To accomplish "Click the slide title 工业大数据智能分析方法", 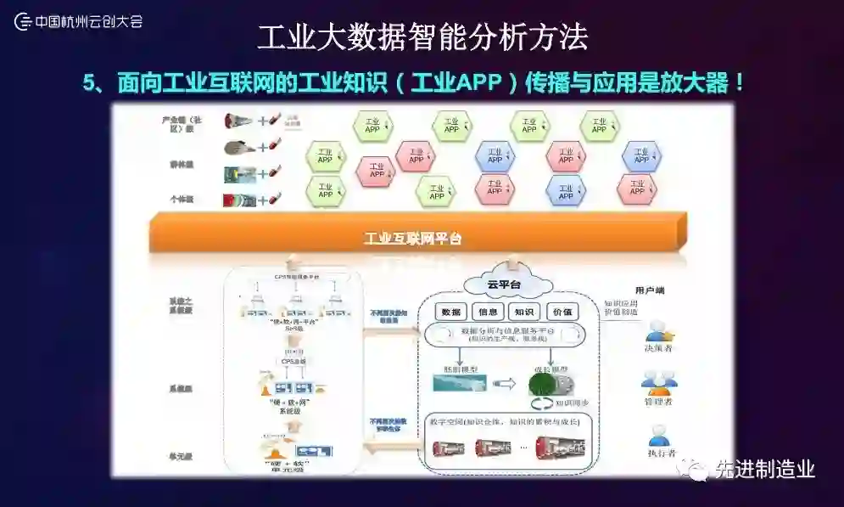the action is pyautogui.click(x=422, y=37).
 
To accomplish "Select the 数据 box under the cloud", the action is pyautogui.click(x=451, y=311).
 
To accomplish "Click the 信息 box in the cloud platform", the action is pyautogui.click(x=487, y=311).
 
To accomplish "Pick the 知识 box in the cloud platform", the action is pyautogui.click(x=524, y=311).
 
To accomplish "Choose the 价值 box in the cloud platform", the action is pyautogui.click(x=562, y=311).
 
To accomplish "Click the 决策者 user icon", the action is pyautogui.click(x=659, y=330).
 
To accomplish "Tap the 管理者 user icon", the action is pyautogui.click(x=658, y=385).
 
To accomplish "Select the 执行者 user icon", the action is pyautogui.click(x=659, y=436).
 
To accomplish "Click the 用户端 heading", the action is pyautogui.click(x=650, y=290).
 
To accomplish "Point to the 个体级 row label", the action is pyautogui.click(x=181, y=199).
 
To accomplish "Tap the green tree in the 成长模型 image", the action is pyautogui.click(x=540, y=386).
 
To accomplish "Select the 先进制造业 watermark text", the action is pyautogui.click(x=763, y=469).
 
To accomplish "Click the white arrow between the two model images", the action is pyautogui.click(x=504, y=384).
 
